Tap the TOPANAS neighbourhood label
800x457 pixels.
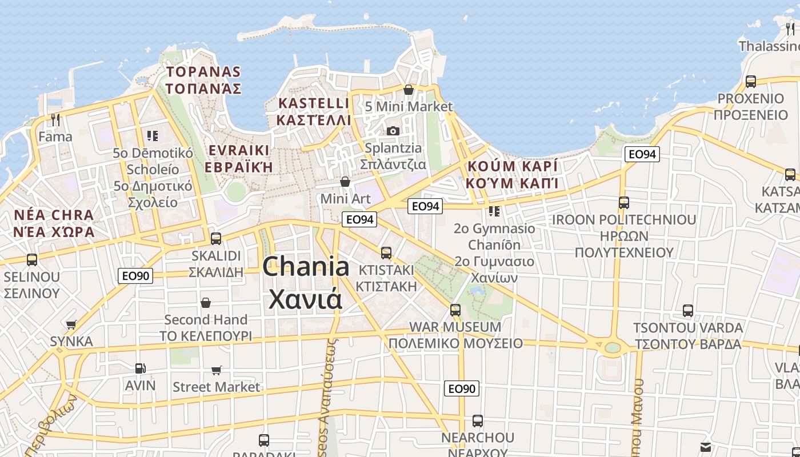[x=203, y=72]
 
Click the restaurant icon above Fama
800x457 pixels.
[x=55, y=120]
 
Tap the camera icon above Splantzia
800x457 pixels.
[x=393, y=131]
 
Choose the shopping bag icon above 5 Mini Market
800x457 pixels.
[x=409, y=90]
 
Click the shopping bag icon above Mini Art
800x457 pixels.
[x=345, y=182]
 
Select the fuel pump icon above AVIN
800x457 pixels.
[x=140, y=368]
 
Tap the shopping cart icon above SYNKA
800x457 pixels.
[x=71, y=324]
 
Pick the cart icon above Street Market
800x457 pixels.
[x=216, y=370]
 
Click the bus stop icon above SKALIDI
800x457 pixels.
[x=216, y=239]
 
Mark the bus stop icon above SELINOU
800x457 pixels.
[x=32, y=260]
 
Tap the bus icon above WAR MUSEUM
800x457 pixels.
[x=455, y=310]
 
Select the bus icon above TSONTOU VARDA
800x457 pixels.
[x=688, y=311]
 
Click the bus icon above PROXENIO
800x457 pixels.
[x=751, y=82]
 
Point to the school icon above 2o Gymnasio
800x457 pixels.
[x=494, y=211]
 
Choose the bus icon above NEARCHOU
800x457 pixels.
[x=478, y=421]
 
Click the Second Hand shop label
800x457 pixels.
[x=206, y=320]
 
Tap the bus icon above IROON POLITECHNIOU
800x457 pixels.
[x=624, y=203]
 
